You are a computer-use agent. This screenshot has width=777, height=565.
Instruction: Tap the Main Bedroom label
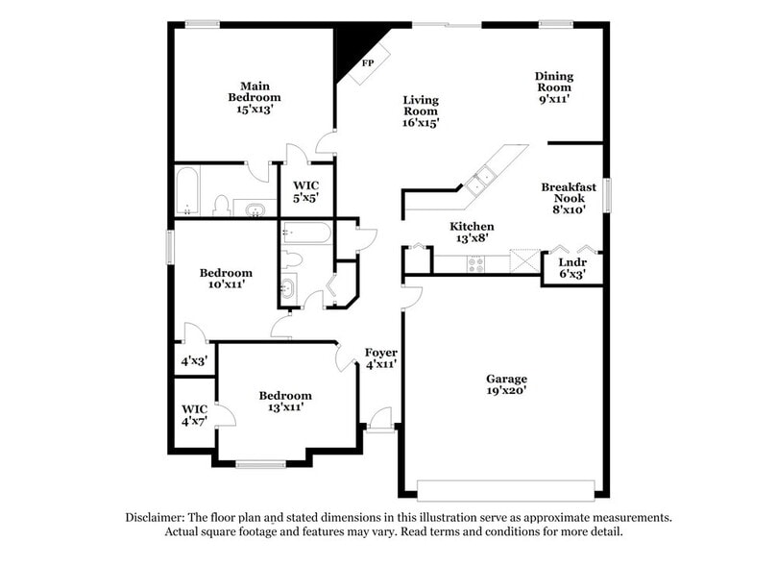(x=255, y=97)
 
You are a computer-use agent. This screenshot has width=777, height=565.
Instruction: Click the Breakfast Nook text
(x=569, y=197)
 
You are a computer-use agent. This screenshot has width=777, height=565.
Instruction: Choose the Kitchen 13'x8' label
(x=472, y=233)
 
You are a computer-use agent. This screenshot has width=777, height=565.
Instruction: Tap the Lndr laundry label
(x=572, y=267)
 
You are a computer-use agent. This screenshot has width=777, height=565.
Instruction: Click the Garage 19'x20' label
(x=506, y=384)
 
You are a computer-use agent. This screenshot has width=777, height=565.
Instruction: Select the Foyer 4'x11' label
(x=381, y=358)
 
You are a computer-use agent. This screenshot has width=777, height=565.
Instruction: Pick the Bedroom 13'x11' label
(x=285, y=401)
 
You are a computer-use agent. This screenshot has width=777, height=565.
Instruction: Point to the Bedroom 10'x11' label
(x=226, y=279)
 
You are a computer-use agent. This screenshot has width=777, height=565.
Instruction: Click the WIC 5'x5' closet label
(x=306, y=190)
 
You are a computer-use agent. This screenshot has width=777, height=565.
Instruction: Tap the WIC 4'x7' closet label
(x=195, y=415)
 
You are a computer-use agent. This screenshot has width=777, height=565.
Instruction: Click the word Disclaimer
(x=159, y=517)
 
